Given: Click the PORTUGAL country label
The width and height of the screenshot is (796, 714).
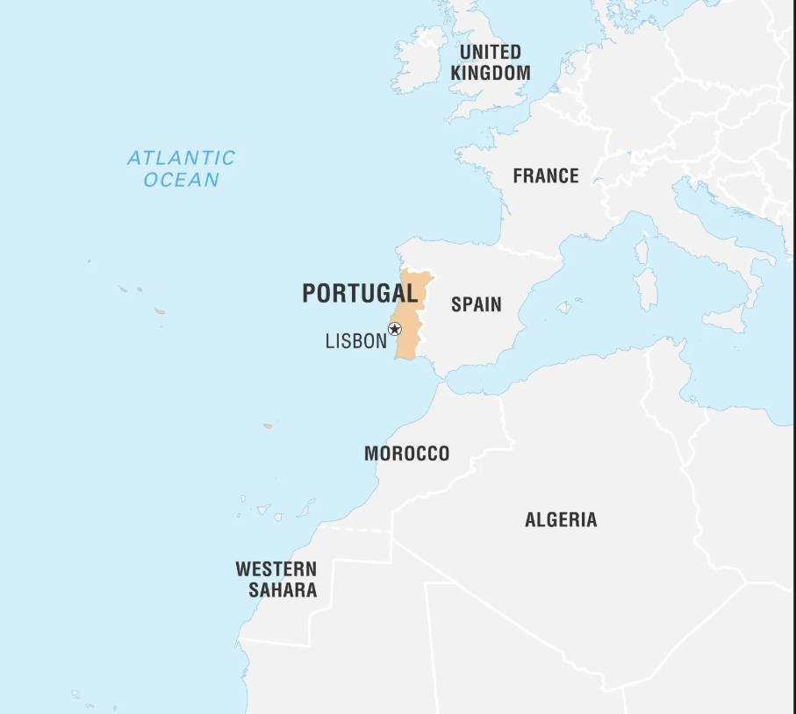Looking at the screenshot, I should point(360,293).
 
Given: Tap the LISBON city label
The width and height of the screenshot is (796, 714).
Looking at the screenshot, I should point(355,341).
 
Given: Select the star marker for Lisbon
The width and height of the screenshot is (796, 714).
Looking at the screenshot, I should point(394,329).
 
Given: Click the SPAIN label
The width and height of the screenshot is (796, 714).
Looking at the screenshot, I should point(477,304).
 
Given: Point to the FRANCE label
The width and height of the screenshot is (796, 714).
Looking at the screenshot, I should point(546,175).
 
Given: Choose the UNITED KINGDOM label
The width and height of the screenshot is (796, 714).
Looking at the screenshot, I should point(491,62).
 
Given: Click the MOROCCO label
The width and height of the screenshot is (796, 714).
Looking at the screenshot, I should point(406,453).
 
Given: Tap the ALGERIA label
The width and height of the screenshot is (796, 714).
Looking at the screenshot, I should point(561,519).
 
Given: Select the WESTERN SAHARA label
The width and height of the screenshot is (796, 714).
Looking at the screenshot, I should point(276,580).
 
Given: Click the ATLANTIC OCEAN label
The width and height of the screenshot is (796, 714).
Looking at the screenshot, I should point(182,168).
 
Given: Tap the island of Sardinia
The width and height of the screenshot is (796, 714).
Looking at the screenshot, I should point(645,289).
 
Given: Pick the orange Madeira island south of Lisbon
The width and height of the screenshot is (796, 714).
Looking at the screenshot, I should point(268,426).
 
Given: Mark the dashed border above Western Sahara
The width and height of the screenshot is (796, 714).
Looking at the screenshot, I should point(360,530).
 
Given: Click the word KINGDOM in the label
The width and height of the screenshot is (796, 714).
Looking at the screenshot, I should point(491,73).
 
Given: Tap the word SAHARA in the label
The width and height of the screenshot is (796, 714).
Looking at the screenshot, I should point(283,590).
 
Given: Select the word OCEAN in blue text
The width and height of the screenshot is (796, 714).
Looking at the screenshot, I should point(182,180).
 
